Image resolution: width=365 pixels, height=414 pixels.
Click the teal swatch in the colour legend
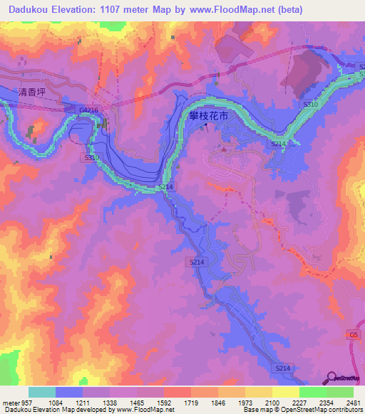[x=42, y=392]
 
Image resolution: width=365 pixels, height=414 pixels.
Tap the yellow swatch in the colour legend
[x=286, y=392]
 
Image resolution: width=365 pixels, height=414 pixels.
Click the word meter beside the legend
[x=9, y=402]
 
